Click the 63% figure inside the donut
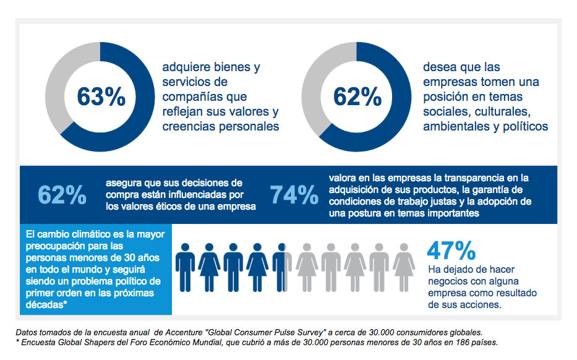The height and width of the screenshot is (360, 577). tap(101, 97)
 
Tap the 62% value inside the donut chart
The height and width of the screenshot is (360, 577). tap(357, 97)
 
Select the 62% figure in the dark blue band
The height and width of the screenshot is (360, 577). tap(62, 194)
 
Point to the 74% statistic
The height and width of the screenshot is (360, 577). tap(294, 194)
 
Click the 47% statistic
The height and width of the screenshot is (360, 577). tap(451, 250)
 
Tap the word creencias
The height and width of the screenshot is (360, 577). tap(187, 127)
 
